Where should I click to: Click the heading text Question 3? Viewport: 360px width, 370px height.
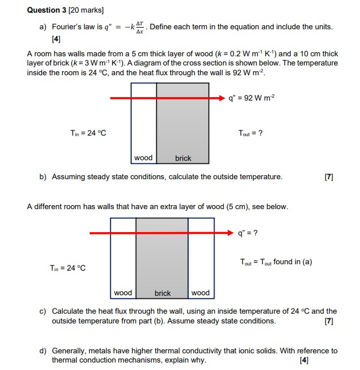[x=47, y=10]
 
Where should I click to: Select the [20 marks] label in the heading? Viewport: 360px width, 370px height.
[x=87, y=10]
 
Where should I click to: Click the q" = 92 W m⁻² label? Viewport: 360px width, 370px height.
[x=252, y=98]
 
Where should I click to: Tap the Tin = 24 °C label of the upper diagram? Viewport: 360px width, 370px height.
[x=88, y=133]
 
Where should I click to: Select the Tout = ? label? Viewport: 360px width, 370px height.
[x=251, y=133]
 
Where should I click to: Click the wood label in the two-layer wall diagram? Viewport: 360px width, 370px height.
[x=143, y=158]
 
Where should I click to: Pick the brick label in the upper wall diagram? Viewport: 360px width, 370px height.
[x=183, y=158]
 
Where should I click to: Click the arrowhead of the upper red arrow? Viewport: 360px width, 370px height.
[x=223, y=98]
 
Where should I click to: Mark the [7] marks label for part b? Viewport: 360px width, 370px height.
[x=329, y=177]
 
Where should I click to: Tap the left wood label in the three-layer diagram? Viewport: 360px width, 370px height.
[x=122, y=293]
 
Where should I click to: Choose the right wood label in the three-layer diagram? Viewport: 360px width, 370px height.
[x=200, y=293]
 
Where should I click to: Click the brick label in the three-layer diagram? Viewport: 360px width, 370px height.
[x=163, y=293]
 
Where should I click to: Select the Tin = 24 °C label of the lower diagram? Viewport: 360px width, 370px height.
[x=67, y=268]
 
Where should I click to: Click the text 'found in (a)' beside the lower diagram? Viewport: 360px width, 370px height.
[x=293, y=262]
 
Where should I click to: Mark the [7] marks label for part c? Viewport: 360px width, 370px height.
[x=329, y=321]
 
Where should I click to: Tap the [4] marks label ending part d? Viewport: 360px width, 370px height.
[x=304, y=361]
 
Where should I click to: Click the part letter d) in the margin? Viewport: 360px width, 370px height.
[x=43, y=350]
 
